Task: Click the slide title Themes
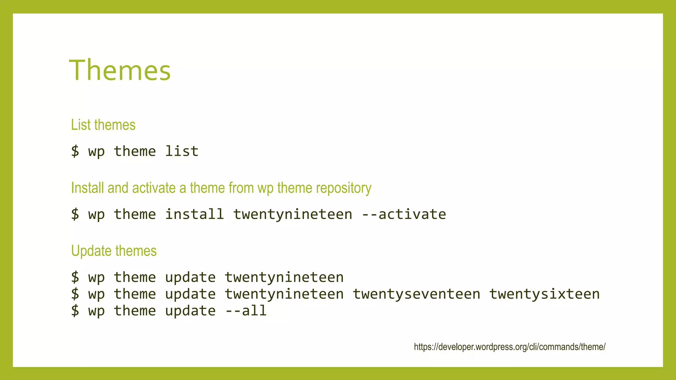(x=120, y=70)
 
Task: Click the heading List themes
(x=103, y=125)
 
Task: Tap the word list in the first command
(x=182, y=151)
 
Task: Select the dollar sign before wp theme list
(x=75, y=151)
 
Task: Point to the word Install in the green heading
(x=87, y=188)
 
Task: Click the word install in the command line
(x=194, y=214)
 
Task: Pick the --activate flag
(x=404, y=214)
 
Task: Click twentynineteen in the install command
(x=292, y=214)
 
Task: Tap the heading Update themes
(x=114, y=251)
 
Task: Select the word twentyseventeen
(x=416, y=294)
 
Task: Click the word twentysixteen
(x=544, y=294)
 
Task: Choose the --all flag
(x=246, y=311)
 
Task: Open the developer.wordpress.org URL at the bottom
(x=510, y=347)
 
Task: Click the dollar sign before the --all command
(x=75, y=311)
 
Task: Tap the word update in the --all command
(x=190, y=311)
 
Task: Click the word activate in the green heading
(x=154, y=188)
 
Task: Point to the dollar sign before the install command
(x=75, y=214)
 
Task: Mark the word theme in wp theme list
(x=135, y=151)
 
